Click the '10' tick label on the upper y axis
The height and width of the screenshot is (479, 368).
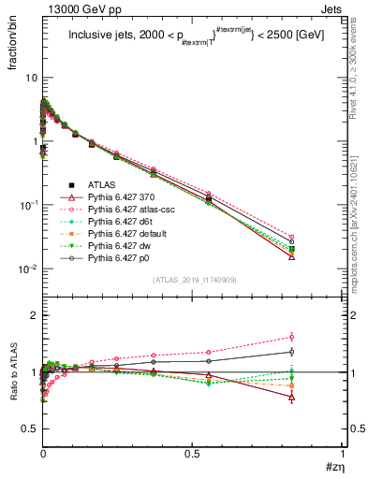point(31,78)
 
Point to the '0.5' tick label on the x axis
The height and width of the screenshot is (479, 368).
point(192,457)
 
